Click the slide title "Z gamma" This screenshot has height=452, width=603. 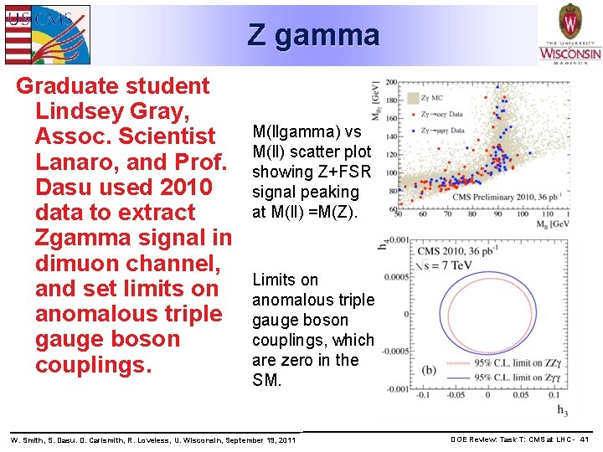[313, 35]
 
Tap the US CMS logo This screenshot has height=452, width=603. [47, 34]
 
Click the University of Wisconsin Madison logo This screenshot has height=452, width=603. [569, 34]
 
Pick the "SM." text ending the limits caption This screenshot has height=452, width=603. [268, 380]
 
